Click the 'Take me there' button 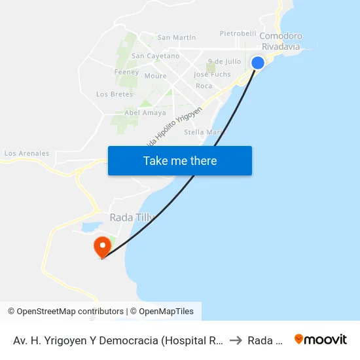180,161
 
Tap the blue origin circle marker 258,63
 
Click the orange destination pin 102,247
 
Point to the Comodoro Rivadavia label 281,41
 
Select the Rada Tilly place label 122,217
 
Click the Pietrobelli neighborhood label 238,33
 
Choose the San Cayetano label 155,56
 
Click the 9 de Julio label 224,62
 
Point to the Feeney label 126,72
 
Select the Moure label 155,76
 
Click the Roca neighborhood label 204,86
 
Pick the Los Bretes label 115,94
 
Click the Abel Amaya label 145,113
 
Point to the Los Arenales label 27,154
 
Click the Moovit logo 321,339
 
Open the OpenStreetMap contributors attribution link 70,312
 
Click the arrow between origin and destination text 236,340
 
